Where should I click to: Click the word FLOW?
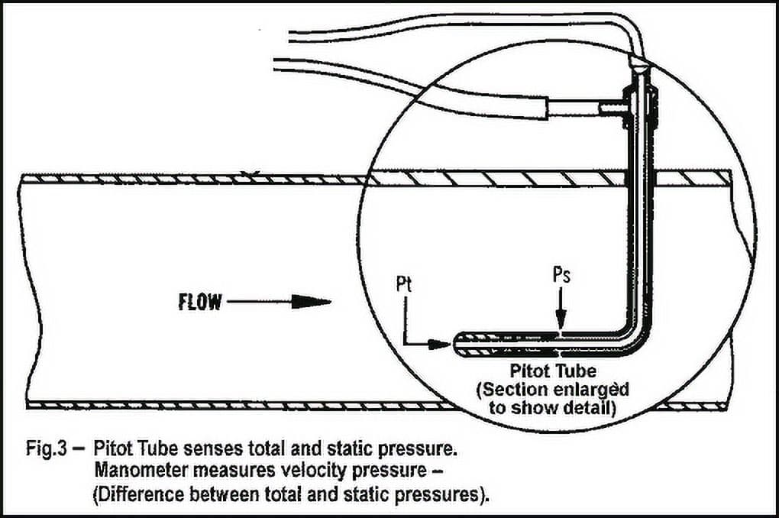200,302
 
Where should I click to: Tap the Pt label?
405,284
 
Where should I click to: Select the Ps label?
561,275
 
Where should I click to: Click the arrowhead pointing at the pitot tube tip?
440,344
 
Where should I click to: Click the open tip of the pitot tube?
455,344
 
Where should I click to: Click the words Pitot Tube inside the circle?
553,371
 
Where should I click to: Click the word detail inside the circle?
590,408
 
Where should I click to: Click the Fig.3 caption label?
46,449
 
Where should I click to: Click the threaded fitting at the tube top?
641,106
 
